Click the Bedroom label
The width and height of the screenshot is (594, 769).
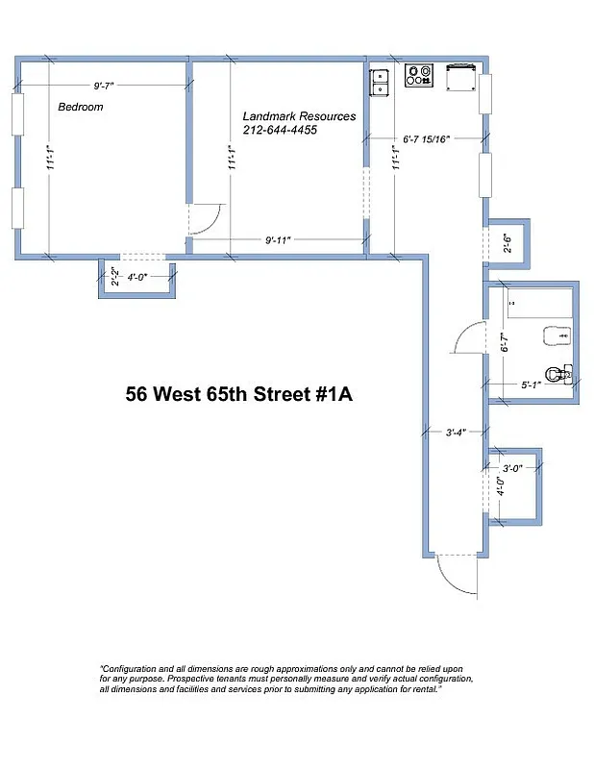point(80,107)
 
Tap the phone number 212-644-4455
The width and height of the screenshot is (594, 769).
point(280,131)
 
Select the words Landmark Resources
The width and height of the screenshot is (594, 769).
point(299,116)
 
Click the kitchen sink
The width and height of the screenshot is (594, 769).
point(380,82)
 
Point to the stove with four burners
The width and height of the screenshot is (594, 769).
point(419,75)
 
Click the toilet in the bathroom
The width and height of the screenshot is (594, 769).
point(557,373)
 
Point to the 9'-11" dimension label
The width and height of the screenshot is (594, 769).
point(279,239)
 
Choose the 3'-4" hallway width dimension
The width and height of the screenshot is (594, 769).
point(457,433)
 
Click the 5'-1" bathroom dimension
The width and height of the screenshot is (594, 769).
point(532,385)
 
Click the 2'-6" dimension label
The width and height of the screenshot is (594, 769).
point(507,242)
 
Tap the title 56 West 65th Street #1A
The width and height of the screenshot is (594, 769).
point(239,394)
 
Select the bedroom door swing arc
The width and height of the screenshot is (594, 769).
point(208,221)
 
